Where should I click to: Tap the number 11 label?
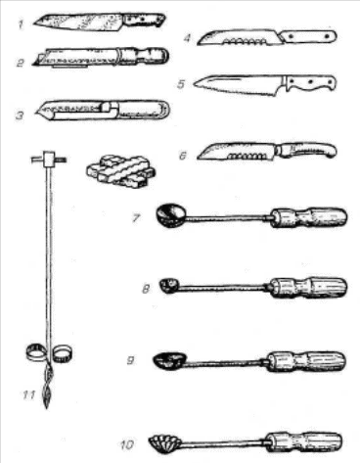tap(28, 395)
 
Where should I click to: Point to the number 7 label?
tap(136, 218)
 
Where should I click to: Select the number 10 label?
tap(127, 444)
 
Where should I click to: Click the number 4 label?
tap(187, 38)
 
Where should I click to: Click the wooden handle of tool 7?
tap(309, 217)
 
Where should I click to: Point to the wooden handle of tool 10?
tap(304, 442)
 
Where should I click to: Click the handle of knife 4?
tap(308, 36)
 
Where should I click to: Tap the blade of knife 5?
tap(239, 84)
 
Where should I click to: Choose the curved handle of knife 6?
tap(306, 151)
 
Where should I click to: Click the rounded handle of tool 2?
tap(144, 56)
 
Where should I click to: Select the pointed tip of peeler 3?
tap(36, 113)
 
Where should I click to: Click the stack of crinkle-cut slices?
tap(120, 171)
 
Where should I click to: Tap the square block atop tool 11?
tap(49, 159)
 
